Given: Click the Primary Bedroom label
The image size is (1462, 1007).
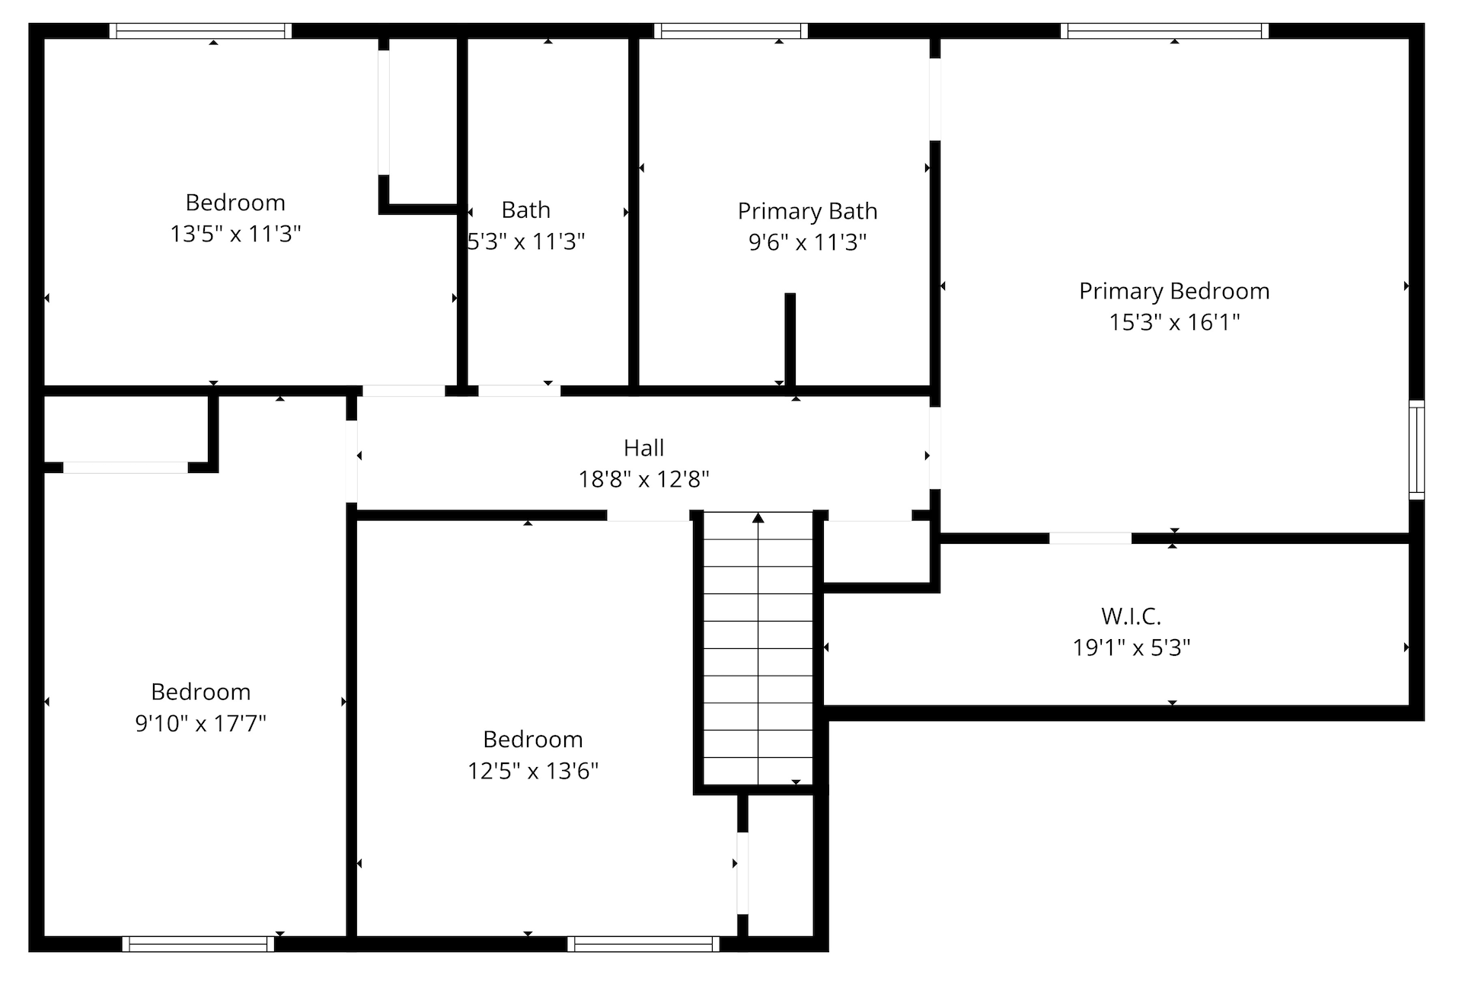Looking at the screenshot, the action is (x=1174, y=291).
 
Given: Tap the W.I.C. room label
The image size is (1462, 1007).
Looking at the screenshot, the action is (x=1131, y=615).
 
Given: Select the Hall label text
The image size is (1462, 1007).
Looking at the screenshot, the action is (x=643, y=448).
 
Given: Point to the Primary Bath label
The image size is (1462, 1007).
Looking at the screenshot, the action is (x=807, y=211).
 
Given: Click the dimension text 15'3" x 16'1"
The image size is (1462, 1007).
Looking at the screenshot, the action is (x=1174, y=322).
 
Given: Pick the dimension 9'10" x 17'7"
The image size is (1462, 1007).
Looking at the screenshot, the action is (x=200, y=723).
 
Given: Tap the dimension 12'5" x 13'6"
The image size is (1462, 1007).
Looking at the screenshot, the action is (x=533, y=771).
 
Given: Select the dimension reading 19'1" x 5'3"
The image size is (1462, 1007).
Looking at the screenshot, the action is (x=1132, y=647).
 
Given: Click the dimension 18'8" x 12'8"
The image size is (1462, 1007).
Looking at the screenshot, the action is (x=643, y=479).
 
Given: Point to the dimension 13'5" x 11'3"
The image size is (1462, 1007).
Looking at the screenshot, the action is (x=235, y=234).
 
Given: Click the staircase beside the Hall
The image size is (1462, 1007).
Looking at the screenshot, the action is (x=758, y=648).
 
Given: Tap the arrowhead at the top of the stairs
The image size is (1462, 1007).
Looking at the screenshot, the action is (x=758, y=518).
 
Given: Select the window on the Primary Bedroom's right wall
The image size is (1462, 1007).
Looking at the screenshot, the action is (x=1416, y=449).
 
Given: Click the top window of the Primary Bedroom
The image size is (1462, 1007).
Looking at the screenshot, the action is (x=1165, y=30).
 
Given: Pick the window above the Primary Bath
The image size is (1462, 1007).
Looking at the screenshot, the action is (x=730, y=30).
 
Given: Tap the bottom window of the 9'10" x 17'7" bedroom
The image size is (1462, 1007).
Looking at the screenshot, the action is (x=198, y=944).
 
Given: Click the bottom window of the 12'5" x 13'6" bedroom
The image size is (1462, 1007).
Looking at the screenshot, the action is (x=643, y=944).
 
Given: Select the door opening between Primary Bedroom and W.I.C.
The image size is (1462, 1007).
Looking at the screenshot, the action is (x=1090, y=539).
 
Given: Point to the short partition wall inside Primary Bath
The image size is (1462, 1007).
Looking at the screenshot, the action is (x=790, y=340).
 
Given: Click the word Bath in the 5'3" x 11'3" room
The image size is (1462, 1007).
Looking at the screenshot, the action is (x=525, y=209).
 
